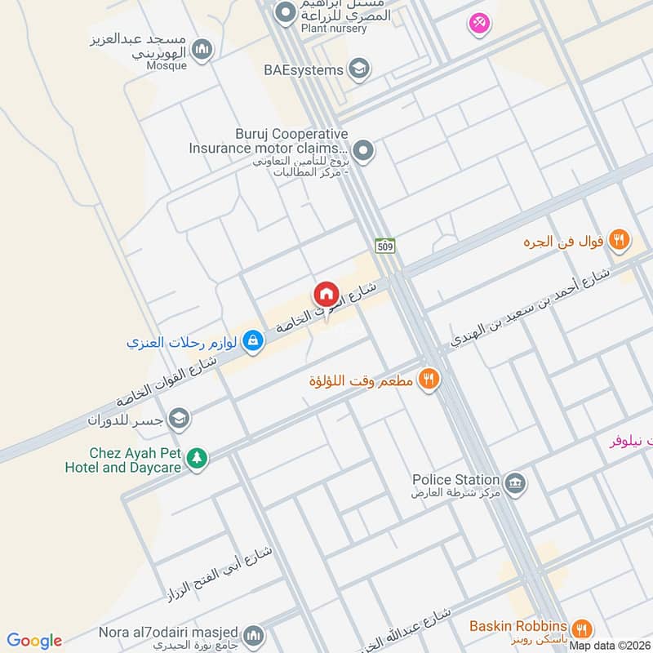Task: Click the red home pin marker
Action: click(326, 294)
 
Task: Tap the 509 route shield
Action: click(384, 245)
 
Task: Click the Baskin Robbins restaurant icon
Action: click(581, 628)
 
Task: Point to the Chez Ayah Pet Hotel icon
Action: click(196, 459)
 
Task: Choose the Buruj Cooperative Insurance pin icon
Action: click(364, 150)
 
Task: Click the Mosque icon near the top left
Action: click(203, 50)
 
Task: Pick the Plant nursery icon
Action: click(286, 12)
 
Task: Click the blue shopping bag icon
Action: click(253, 341)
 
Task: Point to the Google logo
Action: click(34, 641)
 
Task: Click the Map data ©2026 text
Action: click(610, 646)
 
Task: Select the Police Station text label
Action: click(455, 479)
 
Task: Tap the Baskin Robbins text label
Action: click(518, 626)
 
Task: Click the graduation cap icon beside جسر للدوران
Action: click(180, 419)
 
